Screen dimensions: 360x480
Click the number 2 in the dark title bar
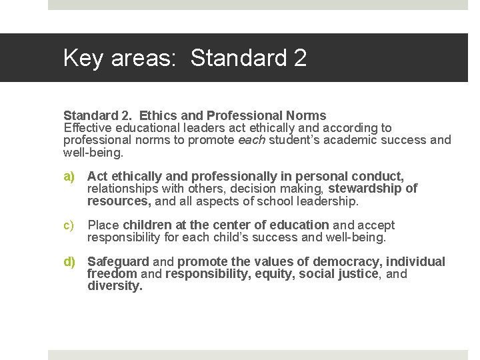pos(299,58)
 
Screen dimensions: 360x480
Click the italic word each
pos(251,140)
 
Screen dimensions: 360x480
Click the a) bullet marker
pos(69,177)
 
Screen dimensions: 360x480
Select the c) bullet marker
pos(69,225)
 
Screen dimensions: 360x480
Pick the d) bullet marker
pos(69,262)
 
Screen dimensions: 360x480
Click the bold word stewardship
pos(365,189)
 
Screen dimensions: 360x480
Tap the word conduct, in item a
pos(377,177)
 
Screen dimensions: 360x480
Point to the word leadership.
pos(328,201)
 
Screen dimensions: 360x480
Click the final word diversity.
pos(115,286)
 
